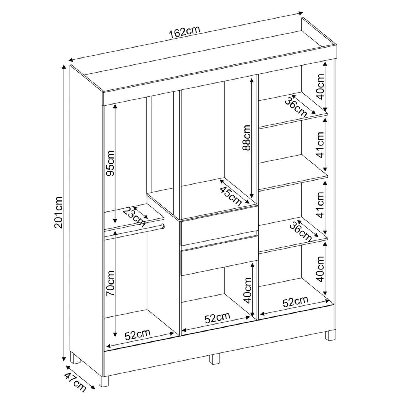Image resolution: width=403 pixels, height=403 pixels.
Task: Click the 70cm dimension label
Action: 110,283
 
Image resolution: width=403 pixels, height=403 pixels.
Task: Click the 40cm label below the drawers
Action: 247,290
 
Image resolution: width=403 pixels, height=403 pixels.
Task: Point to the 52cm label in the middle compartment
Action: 217,318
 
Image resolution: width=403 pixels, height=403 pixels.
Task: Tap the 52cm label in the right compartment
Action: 295,301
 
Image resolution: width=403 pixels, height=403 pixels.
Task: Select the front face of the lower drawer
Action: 219,255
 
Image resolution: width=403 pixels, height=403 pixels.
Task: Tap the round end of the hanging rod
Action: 163,226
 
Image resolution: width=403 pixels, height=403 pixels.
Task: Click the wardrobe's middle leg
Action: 214,359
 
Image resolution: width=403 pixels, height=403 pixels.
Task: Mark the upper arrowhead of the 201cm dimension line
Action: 64,67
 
